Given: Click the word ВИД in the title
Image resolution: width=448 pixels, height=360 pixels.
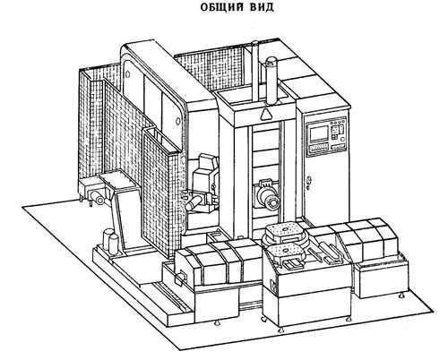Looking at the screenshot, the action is pyautogui.click(x=262, y=7).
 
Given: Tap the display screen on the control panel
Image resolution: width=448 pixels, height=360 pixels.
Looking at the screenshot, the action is pyautogui.click(x=319, y=133).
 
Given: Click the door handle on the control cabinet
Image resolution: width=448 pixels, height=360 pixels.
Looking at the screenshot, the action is pyautogui.click(x=310, y=181).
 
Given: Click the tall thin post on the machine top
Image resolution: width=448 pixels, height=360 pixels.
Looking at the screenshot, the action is pyautogui.click(x=254, y=72).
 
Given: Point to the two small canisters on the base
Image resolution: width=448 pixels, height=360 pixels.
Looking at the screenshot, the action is pyautogui.click(x=109, y=240).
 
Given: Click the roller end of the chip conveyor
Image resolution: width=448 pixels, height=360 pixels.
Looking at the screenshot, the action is pyautogui.click(x=97, y=197).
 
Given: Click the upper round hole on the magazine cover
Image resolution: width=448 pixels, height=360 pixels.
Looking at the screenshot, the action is pyautogui.click(x=127, y=73).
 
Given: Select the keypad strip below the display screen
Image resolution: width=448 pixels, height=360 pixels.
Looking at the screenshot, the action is pyautogui.click(x=318, y=147).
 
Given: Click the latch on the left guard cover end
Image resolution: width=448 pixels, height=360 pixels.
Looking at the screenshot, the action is pyautogui.click(x=180, y=279).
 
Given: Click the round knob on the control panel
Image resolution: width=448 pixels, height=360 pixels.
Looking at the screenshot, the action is pyautogui.click(x=341, y=140).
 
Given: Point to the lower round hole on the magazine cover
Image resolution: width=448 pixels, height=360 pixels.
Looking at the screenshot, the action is pyautogui.click(x=178, y=121).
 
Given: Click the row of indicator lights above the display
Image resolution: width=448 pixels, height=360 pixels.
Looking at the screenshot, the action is pyautogui.click(x=337, y=122).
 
